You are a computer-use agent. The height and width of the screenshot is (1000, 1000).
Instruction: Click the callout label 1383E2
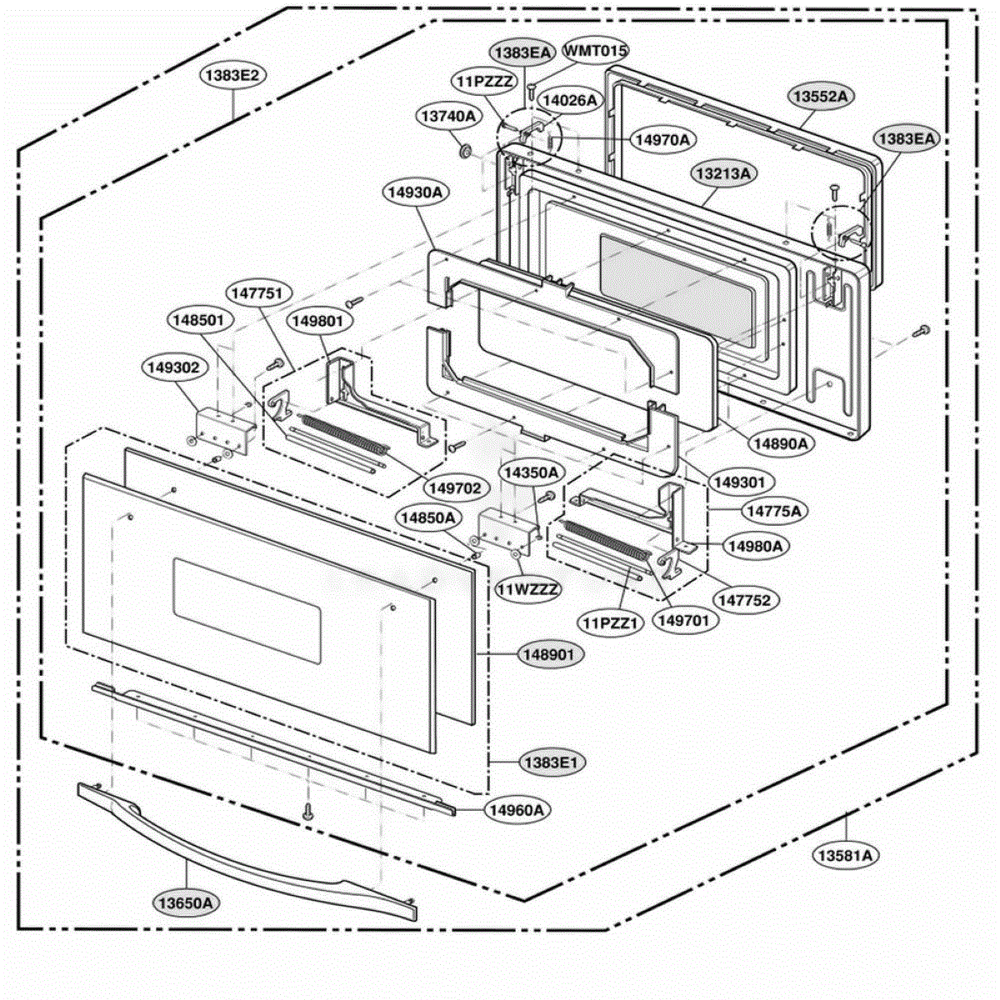click(x=232, y=76)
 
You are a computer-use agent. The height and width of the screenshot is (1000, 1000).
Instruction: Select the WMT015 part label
click(x=595, y=51)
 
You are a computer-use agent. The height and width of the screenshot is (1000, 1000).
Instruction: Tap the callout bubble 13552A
click(x=821, y=97)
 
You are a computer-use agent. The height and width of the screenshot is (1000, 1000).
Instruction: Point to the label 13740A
click(x=448, y=116)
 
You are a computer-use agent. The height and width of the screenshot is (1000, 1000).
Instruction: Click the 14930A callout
click(x=416, y=192)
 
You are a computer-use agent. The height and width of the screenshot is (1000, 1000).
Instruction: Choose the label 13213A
click(x=723, y=173)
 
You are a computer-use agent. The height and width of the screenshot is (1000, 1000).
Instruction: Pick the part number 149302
click(x=173, y=368)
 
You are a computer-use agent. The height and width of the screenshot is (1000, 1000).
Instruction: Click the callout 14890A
click(x=781, y=443)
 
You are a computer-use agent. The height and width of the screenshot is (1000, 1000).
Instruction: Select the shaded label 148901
click(x=549, y=655)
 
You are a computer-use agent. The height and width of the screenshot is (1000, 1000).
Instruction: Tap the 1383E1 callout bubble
click(x=553, y=762)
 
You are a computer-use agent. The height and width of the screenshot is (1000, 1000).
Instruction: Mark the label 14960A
click(x=517, y=809)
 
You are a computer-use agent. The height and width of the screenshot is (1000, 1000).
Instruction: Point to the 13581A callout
click(x=845, y=855)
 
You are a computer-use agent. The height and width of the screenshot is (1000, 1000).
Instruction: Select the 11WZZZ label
click(x=528, y=589)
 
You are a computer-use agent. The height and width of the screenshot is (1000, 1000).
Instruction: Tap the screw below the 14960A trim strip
click(x=308, y=811)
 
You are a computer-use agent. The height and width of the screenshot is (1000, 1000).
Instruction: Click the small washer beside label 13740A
click(x=466, y=151)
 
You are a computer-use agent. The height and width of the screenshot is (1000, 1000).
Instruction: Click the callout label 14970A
click(x=663, y=140)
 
